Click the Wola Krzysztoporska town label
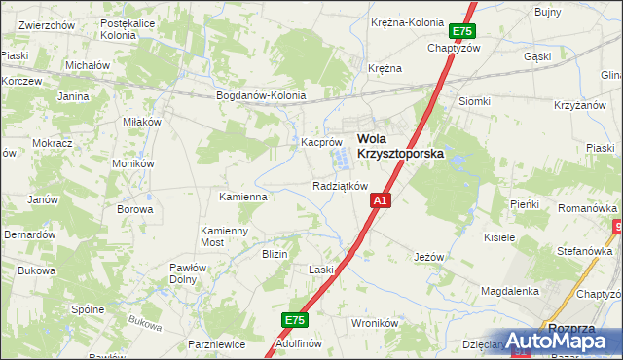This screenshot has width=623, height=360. click(x=400, y=145)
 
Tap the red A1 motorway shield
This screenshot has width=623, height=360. click(x=381, y=200)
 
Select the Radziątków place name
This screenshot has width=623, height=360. click(x=340, y=186)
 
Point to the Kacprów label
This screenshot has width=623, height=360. click(x=319, y=141)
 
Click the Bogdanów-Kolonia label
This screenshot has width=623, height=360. click(x=261, y=95)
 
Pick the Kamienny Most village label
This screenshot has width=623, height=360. click(x=226, y=235)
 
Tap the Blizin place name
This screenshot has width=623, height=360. click(x=275, y=253)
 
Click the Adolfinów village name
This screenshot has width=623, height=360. click(x=299, y=344)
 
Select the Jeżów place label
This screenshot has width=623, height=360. click(x=428, y=257)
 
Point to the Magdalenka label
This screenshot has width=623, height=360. click(x=510, y=291)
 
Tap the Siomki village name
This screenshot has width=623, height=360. click(x=475, y=101)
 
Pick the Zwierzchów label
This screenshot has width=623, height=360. click(x=47, y=24)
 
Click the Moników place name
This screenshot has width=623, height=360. click(x=133, y=164)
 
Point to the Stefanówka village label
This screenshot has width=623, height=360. click(x=583, y=250)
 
